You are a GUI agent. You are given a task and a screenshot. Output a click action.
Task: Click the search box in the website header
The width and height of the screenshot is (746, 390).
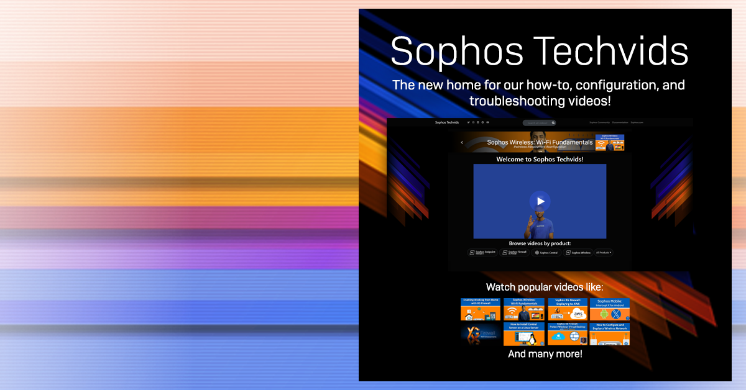(538, 123)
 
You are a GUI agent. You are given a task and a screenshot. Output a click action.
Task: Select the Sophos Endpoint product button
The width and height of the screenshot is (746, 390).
(483, 253)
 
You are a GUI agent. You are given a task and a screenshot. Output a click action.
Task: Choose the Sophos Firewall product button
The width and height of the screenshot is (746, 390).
(515, 253)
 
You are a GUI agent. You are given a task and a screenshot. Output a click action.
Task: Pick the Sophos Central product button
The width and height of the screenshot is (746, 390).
(546, 253)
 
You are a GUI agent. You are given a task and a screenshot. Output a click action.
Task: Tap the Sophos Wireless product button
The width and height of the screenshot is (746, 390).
(578, 253)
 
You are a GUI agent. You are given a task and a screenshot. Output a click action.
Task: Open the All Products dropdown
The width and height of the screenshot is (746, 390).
(604, 253)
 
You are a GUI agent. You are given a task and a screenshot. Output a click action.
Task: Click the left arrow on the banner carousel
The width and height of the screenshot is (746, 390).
(462, 142)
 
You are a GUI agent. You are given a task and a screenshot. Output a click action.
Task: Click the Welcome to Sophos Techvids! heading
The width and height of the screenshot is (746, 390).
(540, 160)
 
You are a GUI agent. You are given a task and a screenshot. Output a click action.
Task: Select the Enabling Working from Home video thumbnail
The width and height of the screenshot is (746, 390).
(481, 309)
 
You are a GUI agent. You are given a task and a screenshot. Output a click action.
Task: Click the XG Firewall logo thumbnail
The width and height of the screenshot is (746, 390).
(481, 334)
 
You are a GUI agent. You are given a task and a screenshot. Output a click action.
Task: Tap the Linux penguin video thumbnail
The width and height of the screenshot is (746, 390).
(523, 334)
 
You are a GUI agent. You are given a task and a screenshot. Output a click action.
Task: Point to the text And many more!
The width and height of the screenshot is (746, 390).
(545, 355)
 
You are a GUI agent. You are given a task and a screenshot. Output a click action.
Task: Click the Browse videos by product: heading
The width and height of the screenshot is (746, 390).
(540, 243)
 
